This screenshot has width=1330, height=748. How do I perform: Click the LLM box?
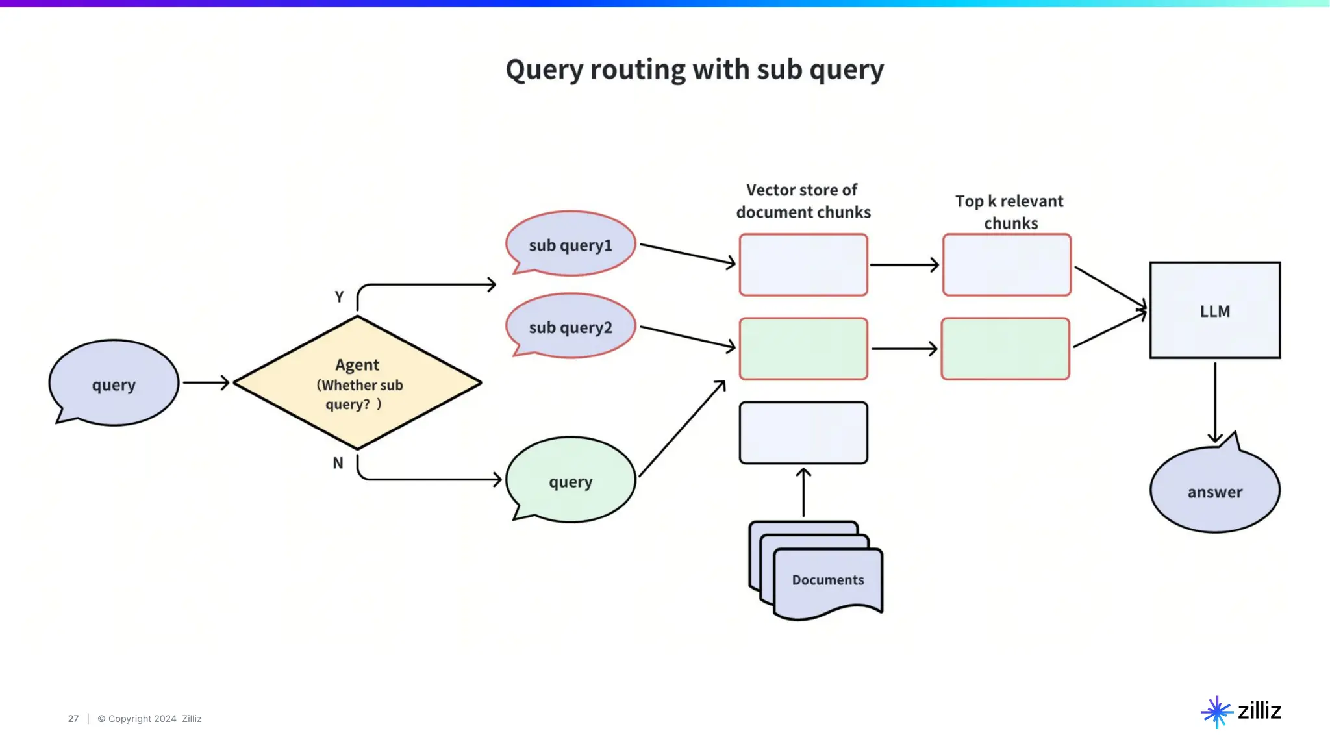[1215, 310]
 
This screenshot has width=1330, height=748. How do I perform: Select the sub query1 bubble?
[570, 243]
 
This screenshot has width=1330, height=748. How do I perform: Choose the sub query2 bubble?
[570, 326]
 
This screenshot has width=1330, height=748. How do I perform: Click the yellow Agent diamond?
[357, 382]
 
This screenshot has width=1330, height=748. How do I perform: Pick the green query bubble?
[570, 479]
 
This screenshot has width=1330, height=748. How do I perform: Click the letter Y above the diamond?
[339, 297]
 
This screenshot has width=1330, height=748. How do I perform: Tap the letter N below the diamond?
[338, 463]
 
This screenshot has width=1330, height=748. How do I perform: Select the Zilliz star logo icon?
[1217, 712]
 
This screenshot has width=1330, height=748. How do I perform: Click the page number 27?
[73, 719]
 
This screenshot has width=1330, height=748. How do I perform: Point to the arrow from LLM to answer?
[1215, 403]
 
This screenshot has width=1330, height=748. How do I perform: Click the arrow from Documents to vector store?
[803, 492]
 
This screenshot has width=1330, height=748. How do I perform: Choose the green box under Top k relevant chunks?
[1005, 349]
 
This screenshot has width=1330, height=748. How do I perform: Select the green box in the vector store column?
[803, 349]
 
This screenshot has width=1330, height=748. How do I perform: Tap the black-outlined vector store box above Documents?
[803, 432]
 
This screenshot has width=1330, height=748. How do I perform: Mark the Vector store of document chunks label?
[803, 201]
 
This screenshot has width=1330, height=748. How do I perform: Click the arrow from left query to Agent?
[207, 382]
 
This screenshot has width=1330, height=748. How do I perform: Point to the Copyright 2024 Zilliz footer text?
[149, 719]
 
